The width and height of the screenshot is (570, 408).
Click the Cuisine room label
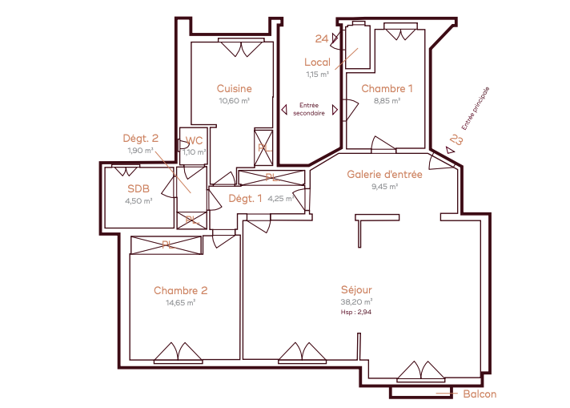[234, 88]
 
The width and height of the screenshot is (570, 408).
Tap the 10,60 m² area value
[234, 101]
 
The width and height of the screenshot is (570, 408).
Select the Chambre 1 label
[387, 88]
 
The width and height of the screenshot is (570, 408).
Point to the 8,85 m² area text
[387, 101]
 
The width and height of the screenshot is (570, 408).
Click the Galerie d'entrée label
[384, 174]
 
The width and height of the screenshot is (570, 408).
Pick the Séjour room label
[356, 289]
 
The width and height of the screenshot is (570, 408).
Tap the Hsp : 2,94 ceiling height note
[356, 312]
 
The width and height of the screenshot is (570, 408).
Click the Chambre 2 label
[181, 290]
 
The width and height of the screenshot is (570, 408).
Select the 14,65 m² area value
[181, 303]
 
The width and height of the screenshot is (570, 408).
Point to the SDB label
[138, 188]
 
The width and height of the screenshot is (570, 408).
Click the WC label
[194, 140]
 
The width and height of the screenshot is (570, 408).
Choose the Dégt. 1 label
[245, 198]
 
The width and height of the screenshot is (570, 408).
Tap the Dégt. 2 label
[141, 139]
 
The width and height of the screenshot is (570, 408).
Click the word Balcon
[480, 394]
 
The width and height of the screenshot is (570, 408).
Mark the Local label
[317, 63]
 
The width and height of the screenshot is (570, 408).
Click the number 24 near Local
[322, 38]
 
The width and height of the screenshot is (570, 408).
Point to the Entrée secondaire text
[309, 109]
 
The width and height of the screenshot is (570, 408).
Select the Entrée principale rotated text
[476, 108]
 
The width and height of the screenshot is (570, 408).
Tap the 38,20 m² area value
[356, 302]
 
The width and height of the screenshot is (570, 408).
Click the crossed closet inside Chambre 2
[167, 245]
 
